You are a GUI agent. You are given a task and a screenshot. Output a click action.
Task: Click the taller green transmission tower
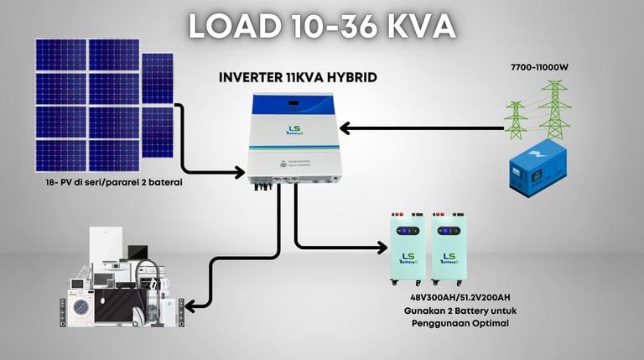pyautogui.click(x=553, y=108)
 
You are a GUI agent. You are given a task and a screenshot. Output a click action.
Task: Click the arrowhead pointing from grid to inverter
pyautogui.click(x=346, y=128)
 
